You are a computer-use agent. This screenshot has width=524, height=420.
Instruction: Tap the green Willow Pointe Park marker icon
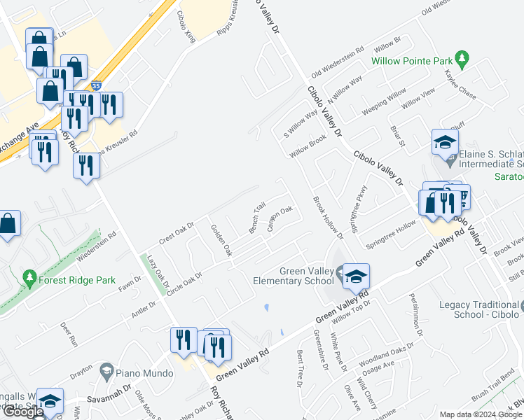click(461, 57)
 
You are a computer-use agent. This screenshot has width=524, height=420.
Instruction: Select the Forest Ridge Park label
click(78, 280)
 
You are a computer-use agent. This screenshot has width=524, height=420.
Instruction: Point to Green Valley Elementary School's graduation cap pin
click(356, 274)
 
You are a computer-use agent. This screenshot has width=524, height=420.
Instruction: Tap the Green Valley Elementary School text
click(307, 276)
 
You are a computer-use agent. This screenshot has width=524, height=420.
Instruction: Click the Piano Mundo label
click(145, 373)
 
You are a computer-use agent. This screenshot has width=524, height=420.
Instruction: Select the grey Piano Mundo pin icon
click(106, 369)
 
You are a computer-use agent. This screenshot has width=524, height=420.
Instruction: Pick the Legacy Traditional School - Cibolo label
click(480, 309)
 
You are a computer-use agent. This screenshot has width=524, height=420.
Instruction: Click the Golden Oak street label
click(221, 240)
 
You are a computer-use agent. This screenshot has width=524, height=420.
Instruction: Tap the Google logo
click(23, 412)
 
